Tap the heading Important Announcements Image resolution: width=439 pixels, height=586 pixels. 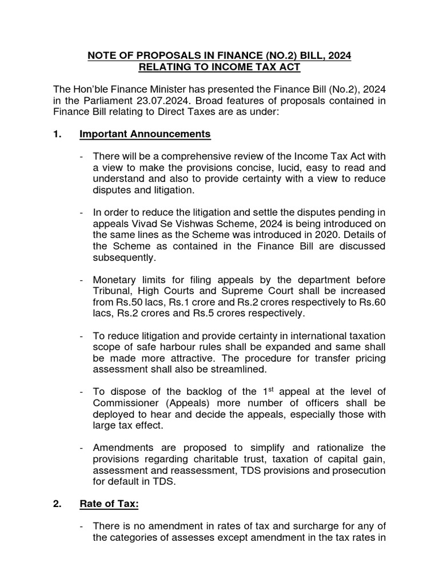coord(145,134)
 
